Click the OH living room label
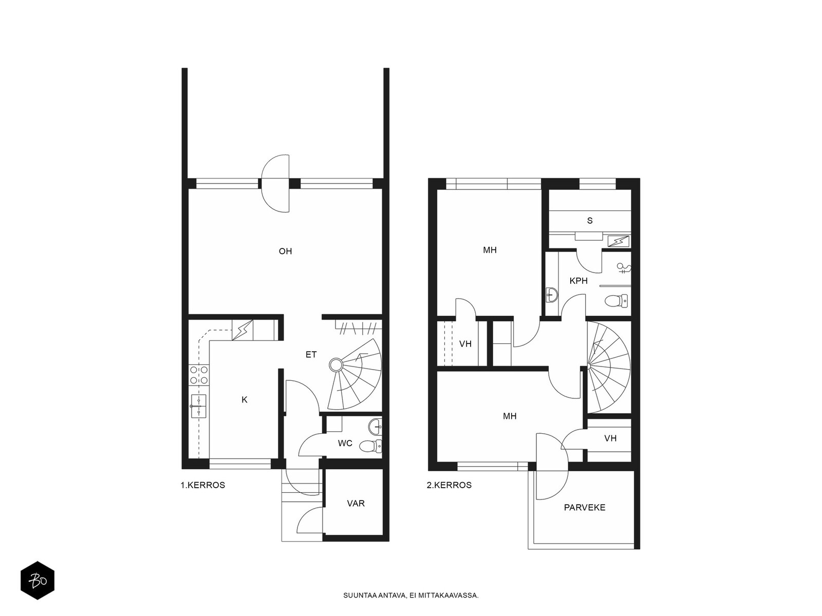[285, 252]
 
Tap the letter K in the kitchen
[245, 400]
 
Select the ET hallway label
[311, 355]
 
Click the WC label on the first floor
[345, 443]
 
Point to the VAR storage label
[356, 504]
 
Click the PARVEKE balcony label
[585, 508]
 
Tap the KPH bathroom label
[578, 281]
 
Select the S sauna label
[590, 221]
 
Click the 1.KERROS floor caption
[202, 485]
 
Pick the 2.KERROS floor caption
[449, 485]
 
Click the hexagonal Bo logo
[38, 581]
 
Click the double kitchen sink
[198, 406]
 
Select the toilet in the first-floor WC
[370, 446]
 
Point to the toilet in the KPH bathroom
[616, 300]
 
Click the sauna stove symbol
[618, 241]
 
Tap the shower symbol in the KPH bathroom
[624, 268]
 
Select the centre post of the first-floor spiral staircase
[336, 364]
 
